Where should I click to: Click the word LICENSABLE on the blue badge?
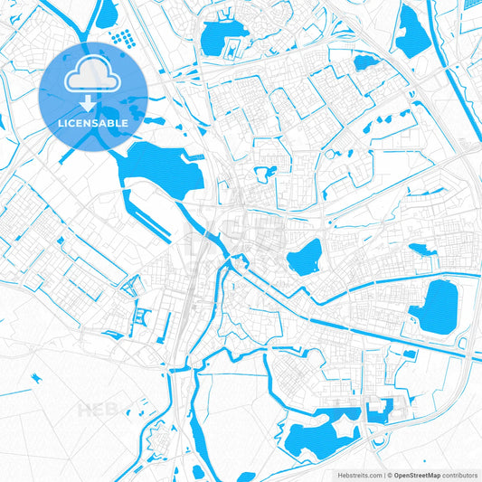pyautogui.click(x=93, y=121)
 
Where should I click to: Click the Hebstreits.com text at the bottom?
pyautogui.click(x=352, y=474)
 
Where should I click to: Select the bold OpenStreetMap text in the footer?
pyautogui.click(x=415, y=474)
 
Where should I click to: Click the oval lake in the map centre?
pyautogui.click(x=305, y=258)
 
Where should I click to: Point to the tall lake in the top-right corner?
pyautogui.click(x=411, y=32)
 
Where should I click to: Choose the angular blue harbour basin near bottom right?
pyautogui.click(x=383, y=410)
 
